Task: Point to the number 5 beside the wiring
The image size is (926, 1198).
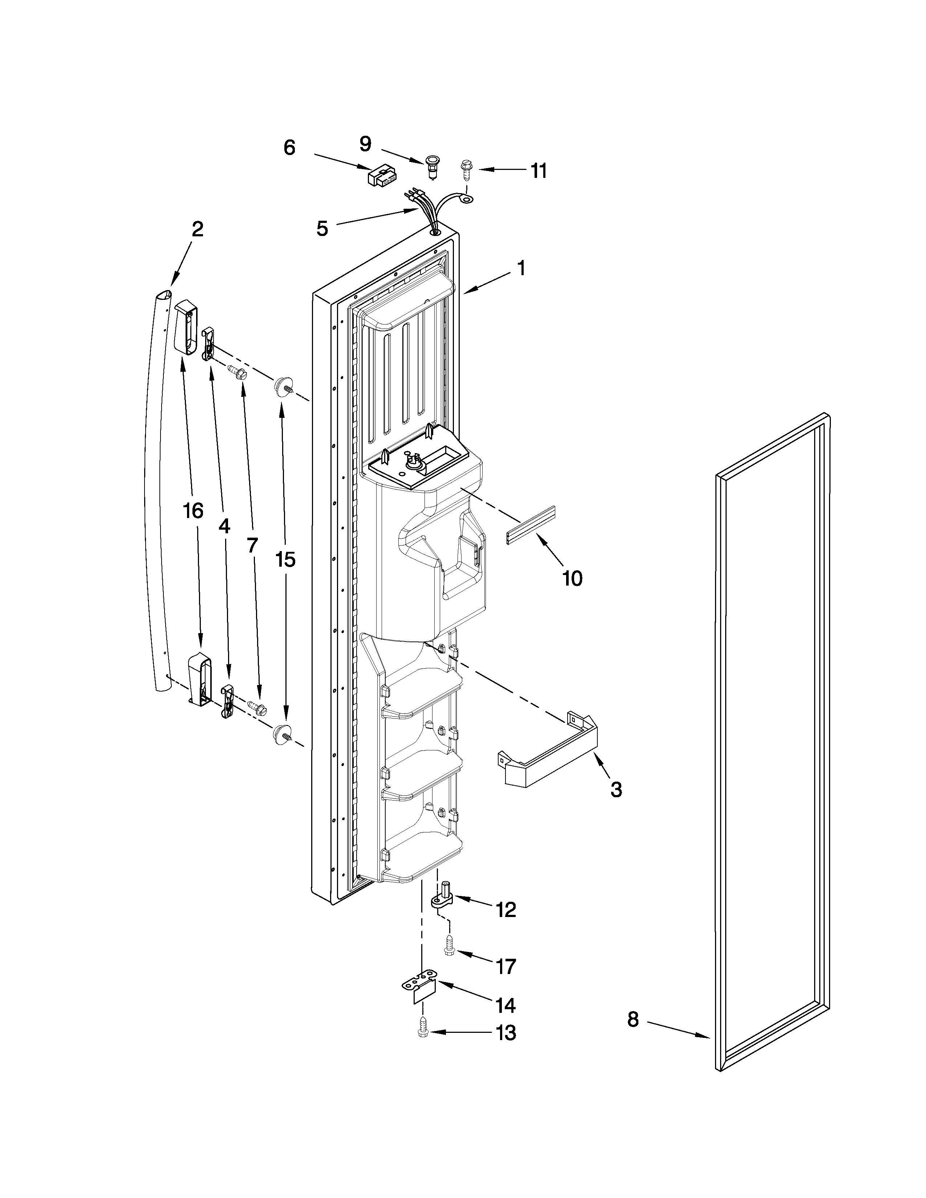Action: click(x=322, y=229)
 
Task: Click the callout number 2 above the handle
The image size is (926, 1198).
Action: click(x=198, y=229)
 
